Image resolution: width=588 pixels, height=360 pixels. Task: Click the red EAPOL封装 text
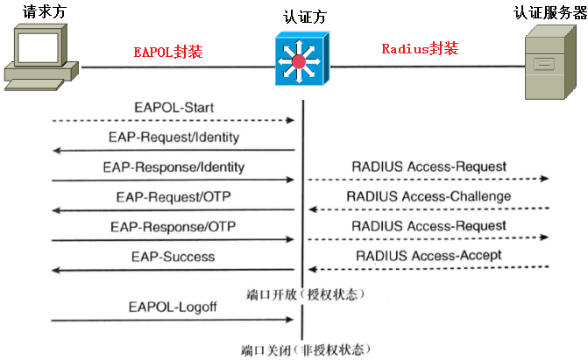click(x=167, y=52)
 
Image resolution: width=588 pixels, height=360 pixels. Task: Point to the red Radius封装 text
click(x=420, y=49)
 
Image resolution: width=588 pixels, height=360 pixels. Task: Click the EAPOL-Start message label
click(x=174, y=108)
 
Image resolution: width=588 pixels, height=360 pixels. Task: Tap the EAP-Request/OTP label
click(x=173, y=196)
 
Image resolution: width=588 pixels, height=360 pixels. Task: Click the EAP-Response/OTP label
click(x=174, y=226)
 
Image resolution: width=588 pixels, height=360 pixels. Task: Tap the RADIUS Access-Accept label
click(x=429, y=256)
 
